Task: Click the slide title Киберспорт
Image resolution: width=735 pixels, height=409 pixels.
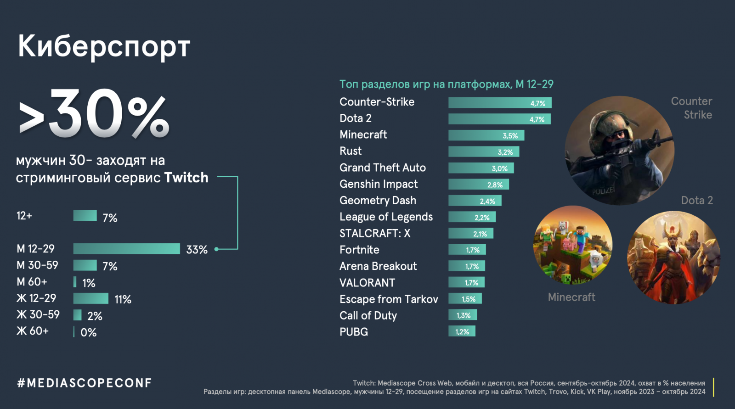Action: (104, 46)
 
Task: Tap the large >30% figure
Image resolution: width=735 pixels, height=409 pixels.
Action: (94, 115)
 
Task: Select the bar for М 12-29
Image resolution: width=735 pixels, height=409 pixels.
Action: (126, 249)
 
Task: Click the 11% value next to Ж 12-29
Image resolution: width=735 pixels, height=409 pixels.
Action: (123, 300)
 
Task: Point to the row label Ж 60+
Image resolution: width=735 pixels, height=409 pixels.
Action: (33, 331)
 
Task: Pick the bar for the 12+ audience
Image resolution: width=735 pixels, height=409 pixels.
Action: (85, 216)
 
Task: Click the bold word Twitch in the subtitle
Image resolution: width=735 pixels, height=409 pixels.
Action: (186, 178)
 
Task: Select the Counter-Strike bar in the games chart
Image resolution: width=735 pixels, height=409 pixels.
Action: (500, 103)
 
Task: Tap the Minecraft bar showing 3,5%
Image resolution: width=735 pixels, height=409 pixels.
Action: (486, 135)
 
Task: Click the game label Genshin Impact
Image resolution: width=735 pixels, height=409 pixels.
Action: (379, 184)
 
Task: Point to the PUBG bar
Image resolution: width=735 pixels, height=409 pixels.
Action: (462, 331)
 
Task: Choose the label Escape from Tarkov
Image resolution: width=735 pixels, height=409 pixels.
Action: (389, 299)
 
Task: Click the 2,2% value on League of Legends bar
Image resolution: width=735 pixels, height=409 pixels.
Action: (482, 218)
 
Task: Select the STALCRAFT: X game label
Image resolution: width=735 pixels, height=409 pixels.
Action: (375, 234)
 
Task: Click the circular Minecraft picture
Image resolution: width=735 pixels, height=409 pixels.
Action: (572, 245)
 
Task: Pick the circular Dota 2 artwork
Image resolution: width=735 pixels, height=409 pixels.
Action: (673, 258)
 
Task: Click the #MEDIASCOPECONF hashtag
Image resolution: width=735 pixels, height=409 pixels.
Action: (85, 383)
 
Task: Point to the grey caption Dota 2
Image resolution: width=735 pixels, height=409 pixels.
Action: (697, 201)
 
